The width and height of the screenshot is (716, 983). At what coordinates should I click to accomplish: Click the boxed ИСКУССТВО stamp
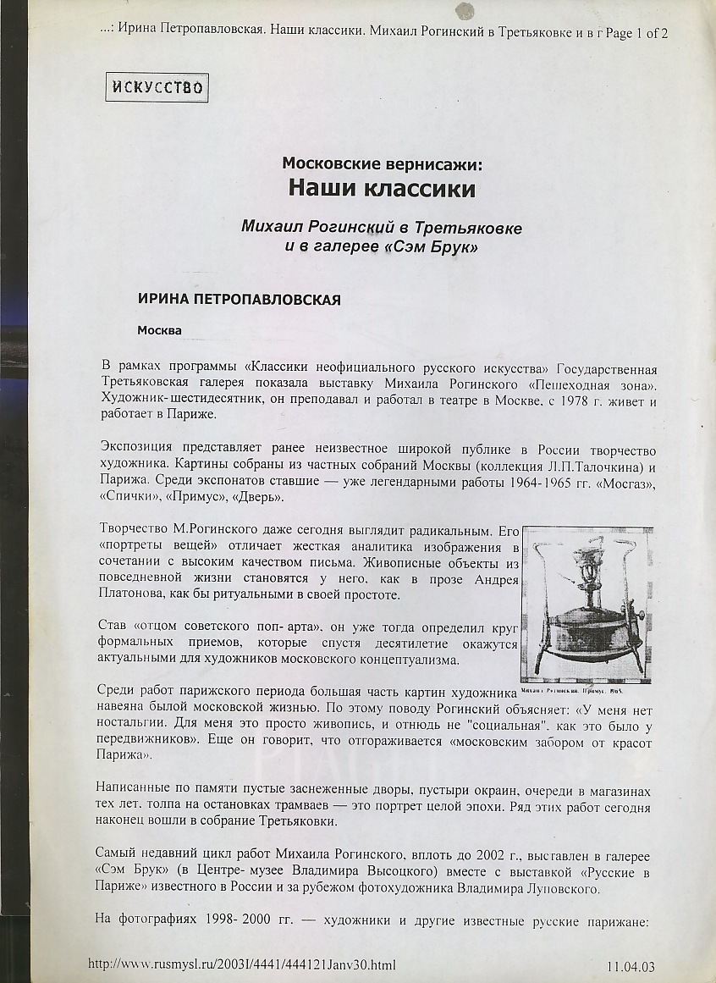[157, 87]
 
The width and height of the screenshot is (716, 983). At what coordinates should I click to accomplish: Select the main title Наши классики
[382, 187]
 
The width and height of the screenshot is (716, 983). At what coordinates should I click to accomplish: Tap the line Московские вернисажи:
[382, 163]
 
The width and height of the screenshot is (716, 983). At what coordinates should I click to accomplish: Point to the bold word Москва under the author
[160, 329]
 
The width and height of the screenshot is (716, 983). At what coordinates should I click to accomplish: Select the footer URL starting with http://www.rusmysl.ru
[242, 964]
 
